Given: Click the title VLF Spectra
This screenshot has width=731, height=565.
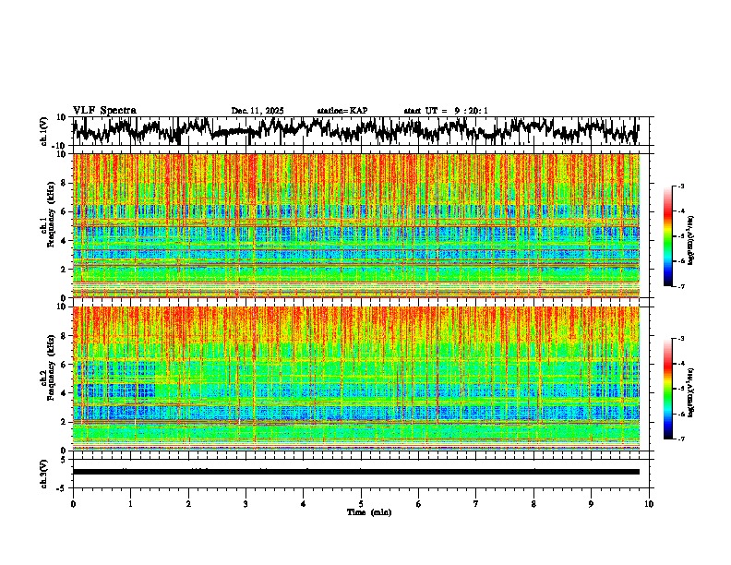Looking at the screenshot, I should click(x=104, y=110).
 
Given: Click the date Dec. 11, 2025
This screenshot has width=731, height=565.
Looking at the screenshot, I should click(x=257, y=111).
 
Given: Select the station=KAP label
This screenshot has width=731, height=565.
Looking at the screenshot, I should click(x=342, y=111).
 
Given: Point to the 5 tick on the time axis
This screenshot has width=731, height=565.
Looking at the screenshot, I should click(x=361, y=503).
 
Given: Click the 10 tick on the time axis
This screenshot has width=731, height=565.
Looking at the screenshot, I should click(x=649, y=503).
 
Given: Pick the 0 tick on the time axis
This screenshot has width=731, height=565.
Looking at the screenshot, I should click(x=73, y=503).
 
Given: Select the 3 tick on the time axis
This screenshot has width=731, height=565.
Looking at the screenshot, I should click(x=246, y=503).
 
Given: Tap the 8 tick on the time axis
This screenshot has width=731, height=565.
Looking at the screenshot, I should click(x=533, y=503).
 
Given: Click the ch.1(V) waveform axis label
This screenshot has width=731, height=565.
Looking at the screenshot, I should click(x=44, y=131).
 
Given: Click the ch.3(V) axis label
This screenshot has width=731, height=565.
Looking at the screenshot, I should click(x=44, y=472).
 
